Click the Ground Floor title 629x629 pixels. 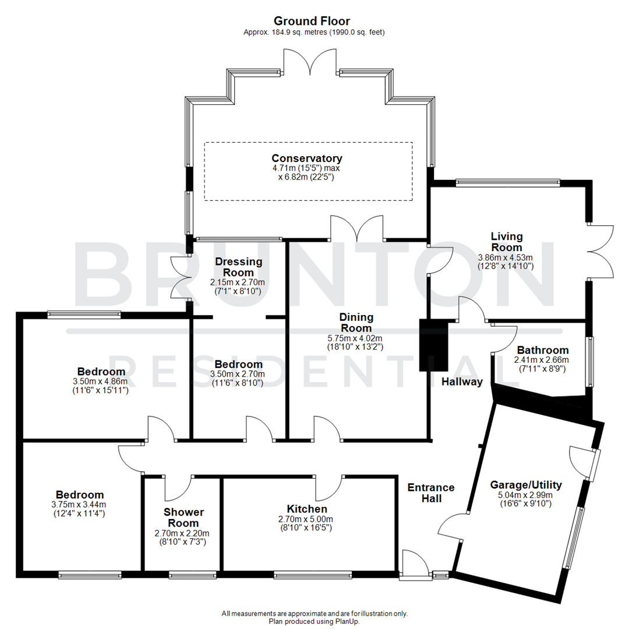point(312,22)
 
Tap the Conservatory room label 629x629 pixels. point(307,158)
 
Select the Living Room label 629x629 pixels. point(506,242)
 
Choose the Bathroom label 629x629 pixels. point(542,350)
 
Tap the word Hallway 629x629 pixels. point(462,382)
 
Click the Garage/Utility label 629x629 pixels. point(526,485)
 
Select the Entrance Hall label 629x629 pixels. point(431,493)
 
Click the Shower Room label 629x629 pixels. point(183,518)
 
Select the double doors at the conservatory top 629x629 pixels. point(312,60)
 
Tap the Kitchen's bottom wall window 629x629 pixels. point(313,575)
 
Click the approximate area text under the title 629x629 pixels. point(313,33)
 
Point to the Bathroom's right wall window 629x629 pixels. point(590,362)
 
